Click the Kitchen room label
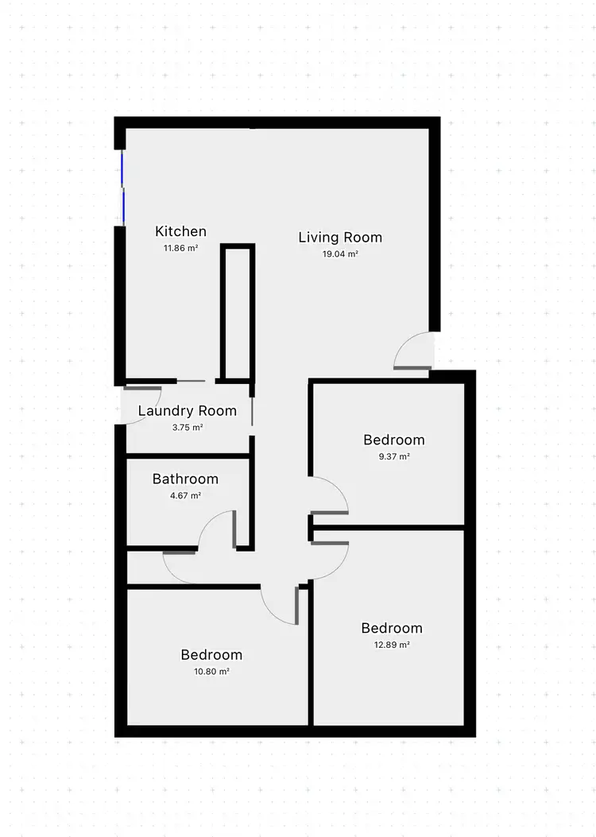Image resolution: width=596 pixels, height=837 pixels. coord(180,231)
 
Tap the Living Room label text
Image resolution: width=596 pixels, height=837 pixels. coord(340,237)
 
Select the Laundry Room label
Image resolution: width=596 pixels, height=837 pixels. coord(188,411)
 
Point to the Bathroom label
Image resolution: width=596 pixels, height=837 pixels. coord(185,479)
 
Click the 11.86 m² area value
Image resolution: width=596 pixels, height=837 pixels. coord(180,248)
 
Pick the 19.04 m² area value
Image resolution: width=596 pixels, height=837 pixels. coord(340,254)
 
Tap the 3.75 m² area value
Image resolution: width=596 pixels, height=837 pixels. coord(187,427)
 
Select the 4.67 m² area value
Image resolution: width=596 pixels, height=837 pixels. coord(184,495)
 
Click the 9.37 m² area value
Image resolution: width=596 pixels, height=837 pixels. coord(393,456)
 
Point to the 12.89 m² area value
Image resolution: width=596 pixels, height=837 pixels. coord(392,645)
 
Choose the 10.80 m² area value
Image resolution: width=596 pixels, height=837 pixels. coord(211,672)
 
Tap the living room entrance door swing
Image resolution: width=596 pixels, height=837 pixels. coord(415,351)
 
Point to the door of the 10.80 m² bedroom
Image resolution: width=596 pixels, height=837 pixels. coord(282,604)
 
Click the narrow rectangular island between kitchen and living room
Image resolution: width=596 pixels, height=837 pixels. coord(238,313)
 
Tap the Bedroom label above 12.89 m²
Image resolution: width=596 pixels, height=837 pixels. coord(392,628)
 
